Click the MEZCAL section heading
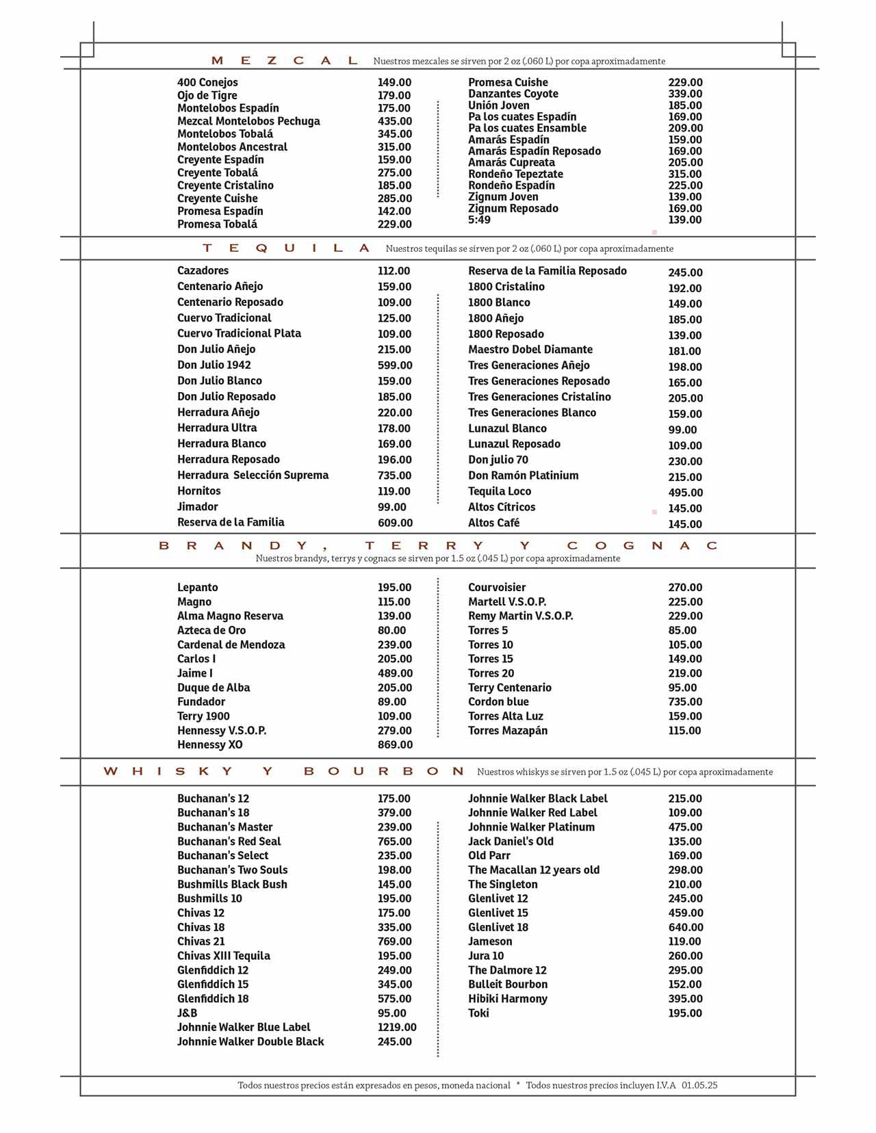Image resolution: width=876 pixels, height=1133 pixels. [284, 61]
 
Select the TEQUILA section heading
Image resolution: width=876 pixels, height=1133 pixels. [287, 248]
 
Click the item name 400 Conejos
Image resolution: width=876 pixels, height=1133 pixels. [207, 83]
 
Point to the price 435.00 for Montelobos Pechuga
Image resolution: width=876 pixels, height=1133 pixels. [394, 121]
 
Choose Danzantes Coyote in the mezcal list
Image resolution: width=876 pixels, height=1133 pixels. [513, 94]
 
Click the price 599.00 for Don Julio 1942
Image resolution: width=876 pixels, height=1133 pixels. [395, 365]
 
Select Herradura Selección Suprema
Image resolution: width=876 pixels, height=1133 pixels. [253, 476]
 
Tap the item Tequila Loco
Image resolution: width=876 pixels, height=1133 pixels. [499, 491]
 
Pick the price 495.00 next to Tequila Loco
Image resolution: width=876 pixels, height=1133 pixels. [685, 493]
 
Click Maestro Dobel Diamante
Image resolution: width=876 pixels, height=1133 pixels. [530, 350]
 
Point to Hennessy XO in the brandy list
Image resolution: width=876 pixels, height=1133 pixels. [209, 745]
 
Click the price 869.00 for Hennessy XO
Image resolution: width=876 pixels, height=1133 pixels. [395, 745]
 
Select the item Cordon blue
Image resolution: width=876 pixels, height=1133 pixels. [498, 702]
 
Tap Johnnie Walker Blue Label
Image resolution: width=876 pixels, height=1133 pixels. [244, 1028]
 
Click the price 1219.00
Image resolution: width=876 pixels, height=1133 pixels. [397, 1028]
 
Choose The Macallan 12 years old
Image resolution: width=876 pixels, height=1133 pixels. [533, 870]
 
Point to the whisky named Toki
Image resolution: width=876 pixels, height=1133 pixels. [478, 1013]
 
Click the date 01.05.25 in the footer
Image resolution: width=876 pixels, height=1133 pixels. [699, 1085]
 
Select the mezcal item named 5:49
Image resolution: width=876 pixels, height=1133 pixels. [479, 220]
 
